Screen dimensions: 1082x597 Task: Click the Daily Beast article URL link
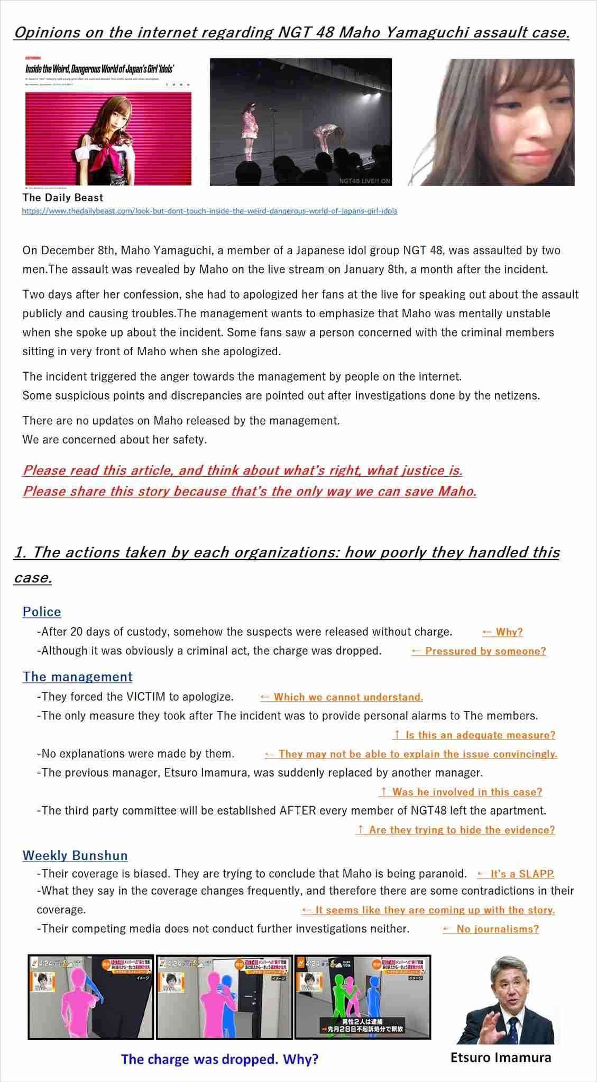pyautogui.click(x=209, y=211)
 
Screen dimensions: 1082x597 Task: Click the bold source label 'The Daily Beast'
pyautogui.click(x=63, y=198)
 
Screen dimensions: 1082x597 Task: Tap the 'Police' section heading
pyautogui.click(x=42, y=612)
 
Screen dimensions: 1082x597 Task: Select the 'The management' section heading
pyautogui.click(x=77, y=677)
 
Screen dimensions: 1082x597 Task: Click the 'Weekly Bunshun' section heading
pyautogui.click(x=75, y=855)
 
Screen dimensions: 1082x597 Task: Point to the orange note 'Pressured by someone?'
pyautogui.click(x=479, y=651)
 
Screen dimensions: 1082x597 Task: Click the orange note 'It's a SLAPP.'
pyautogui.click(x=516, y=874)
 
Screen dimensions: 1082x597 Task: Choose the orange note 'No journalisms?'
pyautogui.click(x=491, y=929)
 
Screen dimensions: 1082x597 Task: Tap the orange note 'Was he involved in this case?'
pyautogui.click(x=461, y=792)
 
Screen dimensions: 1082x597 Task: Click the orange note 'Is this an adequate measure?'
pyautogui.click(x=474, y=735)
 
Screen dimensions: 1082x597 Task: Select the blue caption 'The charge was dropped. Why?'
pyautogui.click(x=219, y=1059)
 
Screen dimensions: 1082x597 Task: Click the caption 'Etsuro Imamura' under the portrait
pyautogui.click(x=501, y=1057)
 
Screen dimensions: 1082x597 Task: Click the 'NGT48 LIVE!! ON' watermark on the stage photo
pyautogui.click(x=365, y=181)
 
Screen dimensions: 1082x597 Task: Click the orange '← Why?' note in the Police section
pyautogui.click(x=502, y=632)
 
